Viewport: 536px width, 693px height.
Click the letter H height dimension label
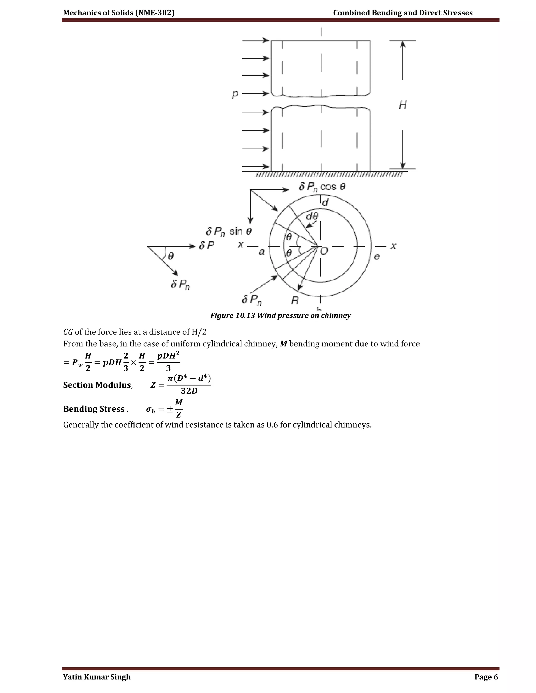tap(403, 105)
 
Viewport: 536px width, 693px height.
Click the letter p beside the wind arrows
tap(235, 94)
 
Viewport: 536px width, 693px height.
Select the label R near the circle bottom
tap(295, 300)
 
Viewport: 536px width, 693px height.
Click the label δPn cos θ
tap(322, 186)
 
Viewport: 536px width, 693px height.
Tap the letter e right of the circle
tap(377, 256)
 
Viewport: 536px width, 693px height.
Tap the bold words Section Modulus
tap(97, 385)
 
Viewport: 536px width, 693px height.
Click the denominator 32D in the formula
tap(189, 391)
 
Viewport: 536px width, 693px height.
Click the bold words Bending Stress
tap(94, 409)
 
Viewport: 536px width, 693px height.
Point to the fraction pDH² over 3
tap(168, 362)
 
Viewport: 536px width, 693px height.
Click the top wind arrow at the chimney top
tap(256, 40)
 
